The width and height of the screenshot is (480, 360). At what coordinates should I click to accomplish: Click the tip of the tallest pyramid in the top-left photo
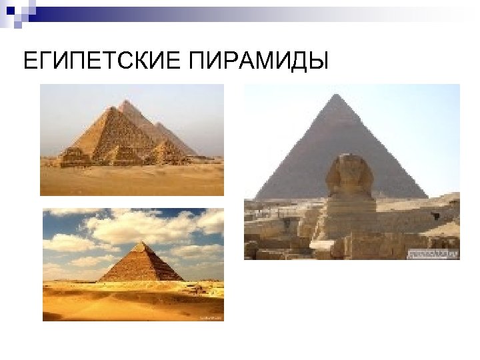coord(126,102)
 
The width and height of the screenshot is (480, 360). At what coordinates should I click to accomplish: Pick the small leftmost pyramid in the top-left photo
coord(75,157)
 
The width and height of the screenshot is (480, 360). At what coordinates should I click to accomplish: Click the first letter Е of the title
coord(28,62)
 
